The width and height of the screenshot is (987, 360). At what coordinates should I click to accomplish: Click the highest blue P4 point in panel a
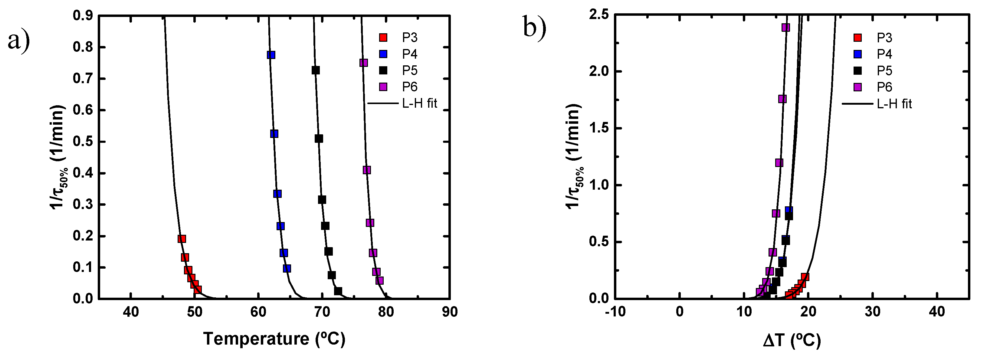point(271,55)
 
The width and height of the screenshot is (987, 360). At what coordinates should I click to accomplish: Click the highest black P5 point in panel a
point(316,70)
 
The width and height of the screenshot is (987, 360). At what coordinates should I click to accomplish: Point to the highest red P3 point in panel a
point(182,239)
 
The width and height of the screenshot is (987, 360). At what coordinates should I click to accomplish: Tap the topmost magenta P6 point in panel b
point(785,28)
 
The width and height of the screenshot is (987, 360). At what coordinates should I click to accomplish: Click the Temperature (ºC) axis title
point(274,339)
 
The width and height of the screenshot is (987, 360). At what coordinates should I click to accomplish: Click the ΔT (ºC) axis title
point(792,340)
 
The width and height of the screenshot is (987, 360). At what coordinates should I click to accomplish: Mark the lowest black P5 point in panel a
point(338,291)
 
